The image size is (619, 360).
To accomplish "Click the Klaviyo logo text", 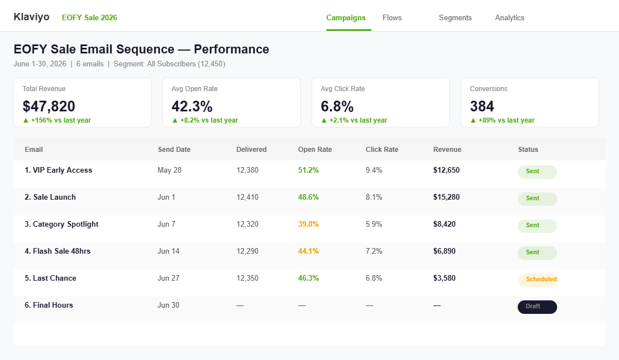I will (32, 17).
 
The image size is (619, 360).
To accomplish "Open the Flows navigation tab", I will (392, 17).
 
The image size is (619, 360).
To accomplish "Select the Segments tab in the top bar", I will (455, 17).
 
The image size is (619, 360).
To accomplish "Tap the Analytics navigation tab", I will (509, 17).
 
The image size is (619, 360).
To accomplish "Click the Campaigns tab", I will (346, 17).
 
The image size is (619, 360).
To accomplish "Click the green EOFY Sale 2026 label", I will (89, 17).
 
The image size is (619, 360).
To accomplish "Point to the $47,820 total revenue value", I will (49, 106).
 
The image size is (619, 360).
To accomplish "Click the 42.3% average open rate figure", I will (192, 106).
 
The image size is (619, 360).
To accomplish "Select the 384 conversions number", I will (482, 106).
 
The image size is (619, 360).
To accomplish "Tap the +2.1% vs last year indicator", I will (354, 120).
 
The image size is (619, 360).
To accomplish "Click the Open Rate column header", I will (315, 150).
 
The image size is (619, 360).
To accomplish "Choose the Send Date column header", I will (174, 150).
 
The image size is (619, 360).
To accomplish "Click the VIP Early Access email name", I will (59, 170).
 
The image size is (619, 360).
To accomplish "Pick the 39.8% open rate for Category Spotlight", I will (308, 224).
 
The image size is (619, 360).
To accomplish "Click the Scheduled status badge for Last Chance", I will (537, 279).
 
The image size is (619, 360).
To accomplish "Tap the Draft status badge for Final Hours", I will (537, 307).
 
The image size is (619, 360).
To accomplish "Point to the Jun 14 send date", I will (168, 251).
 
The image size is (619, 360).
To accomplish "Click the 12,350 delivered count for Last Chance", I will (247, 278).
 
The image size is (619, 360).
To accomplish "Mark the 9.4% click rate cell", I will (374, 170).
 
